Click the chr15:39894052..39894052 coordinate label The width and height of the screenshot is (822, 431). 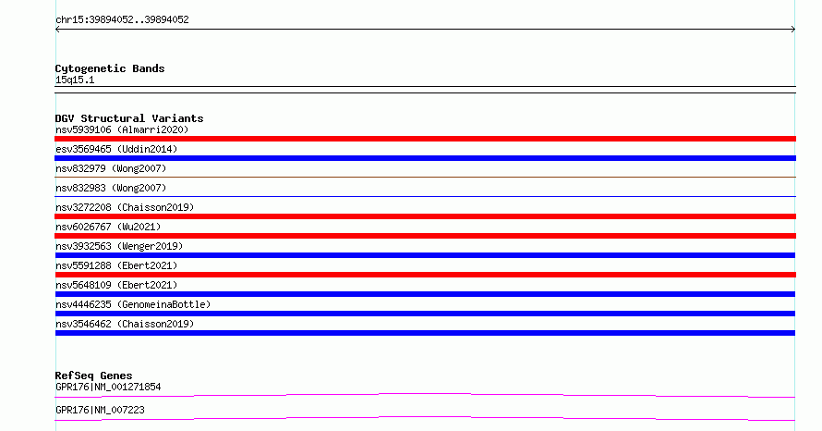(x=122, y=19)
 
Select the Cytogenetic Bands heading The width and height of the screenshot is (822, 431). (x=110, y=68)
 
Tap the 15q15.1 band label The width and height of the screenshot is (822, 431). (x=75, y=80)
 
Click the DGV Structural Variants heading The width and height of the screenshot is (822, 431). (x=129, y=118)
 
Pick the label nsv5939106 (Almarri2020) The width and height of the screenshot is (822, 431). (x=122, y=129)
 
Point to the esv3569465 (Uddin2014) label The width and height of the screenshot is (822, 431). (x=116, y=149)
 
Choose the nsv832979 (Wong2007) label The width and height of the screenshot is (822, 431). (x=111, y=168)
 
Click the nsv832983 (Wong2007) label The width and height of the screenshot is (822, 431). (x=111, y=188)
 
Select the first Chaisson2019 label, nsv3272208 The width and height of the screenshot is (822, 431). (x=125, y=207)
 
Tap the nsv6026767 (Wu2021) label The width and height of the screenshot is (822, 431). (x=108, y=227)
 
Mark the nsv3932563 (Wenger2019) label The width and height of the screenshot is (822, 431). (x=119, y=246)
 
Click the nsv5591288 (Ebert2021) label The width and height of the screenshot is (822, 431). (x=116, y=265)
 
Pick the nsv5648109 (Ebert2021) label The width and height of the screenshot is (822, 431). (x=116, y=285)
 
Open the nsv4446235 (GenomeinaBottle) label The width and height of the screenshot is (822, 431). (x=133, y=304)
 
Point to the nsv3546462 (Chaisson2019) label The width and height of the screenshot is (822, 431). (x=125, y=324)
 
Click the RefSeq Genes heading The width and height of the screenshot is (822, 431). (x=94, y=376)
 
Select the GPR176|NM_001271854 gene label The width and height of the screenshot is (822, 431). (x=108, y=387)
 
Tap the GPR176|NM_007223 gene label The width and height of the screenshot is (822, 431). (x=100, y=410)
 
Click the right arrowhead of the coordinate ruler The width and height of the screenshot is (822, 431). (x=794, y=30)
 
